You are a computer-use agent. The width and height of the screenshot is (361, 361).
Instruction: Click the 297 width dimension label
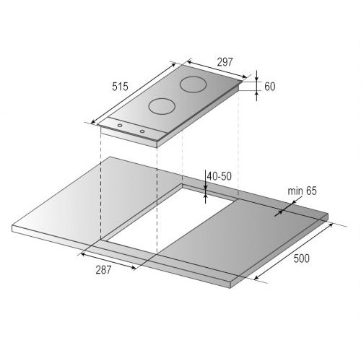(225, 62)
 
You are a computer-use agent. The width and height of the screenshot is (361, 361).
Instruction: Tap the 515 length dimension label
(120, 87)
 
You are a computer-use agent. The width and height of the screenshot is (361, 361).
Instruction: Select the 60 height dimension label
(270, 87)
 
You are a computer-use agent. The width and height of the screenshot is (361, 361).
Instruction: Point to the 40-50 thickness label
(219, 176)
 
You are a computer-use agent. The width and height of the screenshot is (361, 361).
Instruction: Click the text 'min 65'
(303, 191)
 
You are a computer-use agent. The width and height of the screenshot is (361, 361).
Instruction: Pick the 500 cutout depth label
(302, 258)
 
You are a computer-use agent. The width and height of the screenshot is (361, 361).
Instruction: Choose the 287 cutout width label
(103, 270)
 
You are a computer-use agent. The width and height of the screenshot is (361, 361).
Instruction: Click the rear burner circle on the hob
(193, 84)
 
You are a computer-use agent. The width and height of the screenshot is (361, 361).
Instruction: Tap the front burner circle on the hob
(162, 106)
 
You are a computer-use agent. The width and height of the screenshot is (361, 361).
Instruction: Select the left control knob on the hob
(119, 126)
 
